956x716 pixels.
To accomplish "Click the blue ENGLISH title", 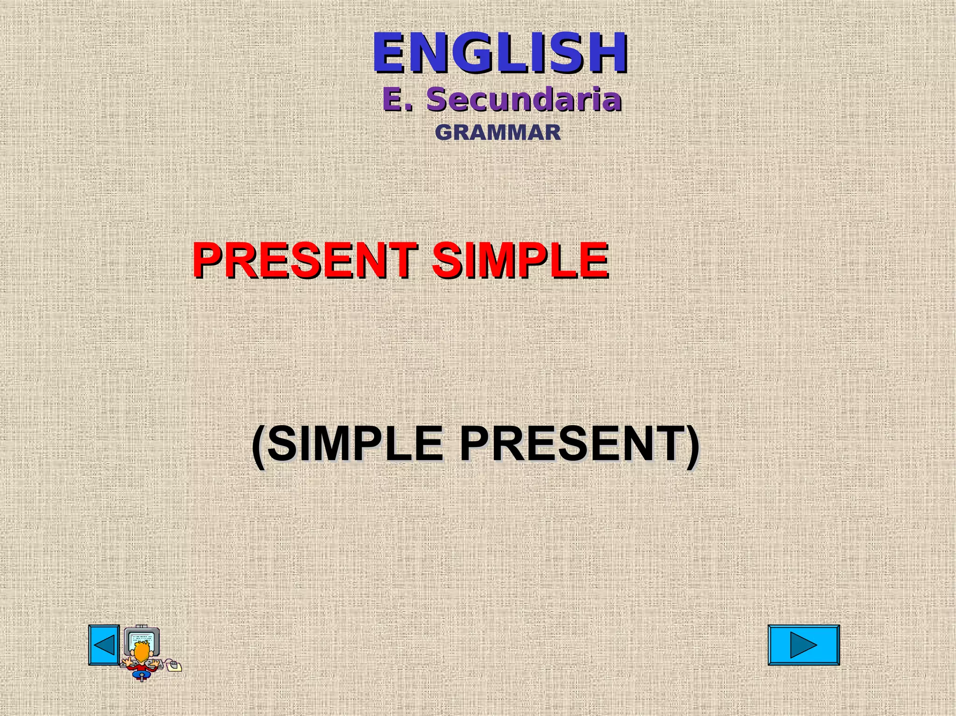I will (x=499, y=52).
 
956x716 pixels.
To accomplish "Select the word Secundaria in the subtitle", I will (x=524, y=99).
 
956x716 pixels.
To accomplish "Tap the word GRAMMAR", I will (x=498, y=132).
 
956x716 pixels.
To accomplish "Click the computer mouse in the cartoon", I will (x=174, y=665).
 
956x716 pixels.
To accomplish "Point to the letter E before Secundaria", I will (x=393, y=99).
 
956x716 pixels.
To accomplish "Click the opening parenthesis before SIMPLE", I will (x=259, y=445).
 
